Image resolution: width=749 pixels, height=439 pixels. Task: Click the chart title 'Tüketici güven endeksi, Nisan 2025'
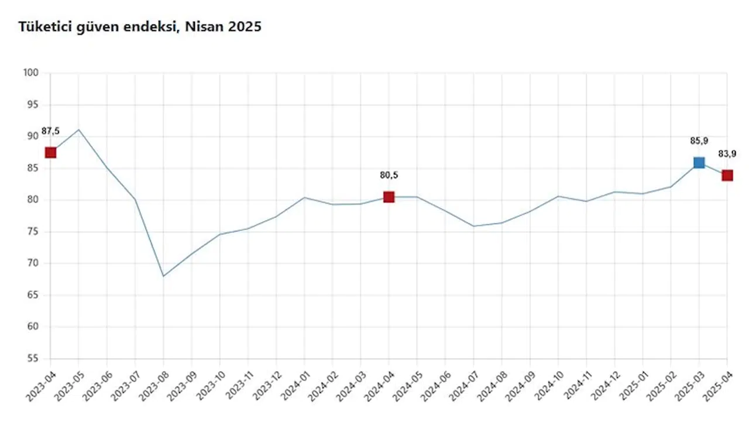pos(140,27)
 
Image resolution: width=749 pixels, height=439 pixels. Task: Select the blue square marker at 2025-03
pos(699,163)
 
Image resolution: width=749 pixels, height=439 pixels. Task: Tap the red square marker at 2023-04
pos(51,153)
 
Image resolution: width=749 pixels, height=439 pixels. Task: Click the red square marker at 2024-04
pos(389,197)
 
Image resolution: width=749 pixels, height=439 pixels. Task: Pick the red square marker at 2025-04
pos(727,176)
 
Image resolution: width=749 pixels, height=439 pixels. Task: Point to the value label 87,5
pos(51,131)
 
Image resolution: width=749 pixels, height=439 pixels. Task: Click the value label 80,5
pos(389,175)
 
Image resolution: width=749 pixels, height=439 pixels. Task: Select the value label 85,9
pos(699,140)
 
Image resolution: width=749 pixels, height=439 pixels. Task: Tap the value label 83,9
pos(727,154)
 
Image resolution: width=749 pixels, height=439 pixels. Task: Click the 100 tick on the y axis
pos(31,73)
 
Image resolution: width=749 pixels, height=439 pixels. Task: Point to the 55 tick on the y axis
pos(33,358)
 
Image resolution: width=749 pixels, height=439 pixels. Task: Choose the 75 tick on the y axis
pos(33,232)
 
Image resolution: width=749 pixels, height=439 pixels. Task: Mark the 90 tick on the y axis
pos(33,136)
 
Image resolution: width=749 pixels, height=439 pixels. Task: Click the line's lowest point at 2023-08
pos(163,276)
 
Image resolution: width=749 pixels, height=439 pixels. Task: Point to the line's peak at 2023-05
pos(78,129)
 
